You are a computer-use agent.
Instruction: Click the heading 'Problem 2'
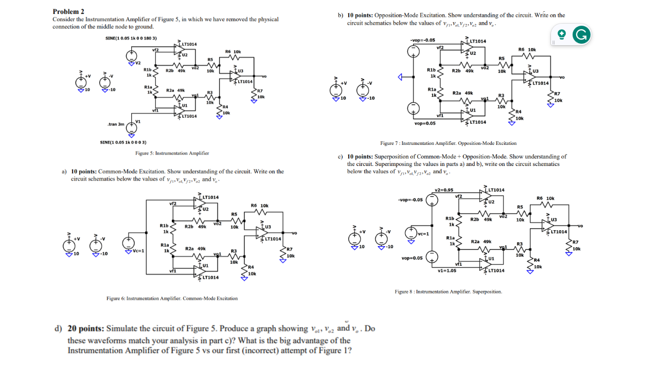pos(68,11)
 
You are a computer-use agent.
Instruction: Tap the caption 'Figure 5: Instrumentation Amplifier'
pos(172,153)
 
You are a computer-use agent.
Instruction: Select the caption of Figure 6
pos(172,298)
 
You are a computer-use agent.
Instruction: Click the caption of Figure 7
pos(448,143)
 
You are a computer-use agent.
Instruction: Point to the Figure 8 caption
pos(448,291)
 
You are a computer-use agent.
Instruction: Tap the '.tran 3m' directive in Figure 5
pos(116,124)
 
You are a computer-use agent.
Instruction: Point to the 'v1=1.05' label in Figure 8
pos(446,270)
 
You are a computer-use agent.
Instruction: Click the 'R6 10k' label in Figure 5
pos(233,52)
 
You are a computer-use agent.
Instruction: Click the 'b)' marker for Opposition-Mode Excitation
pos(341,15)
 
